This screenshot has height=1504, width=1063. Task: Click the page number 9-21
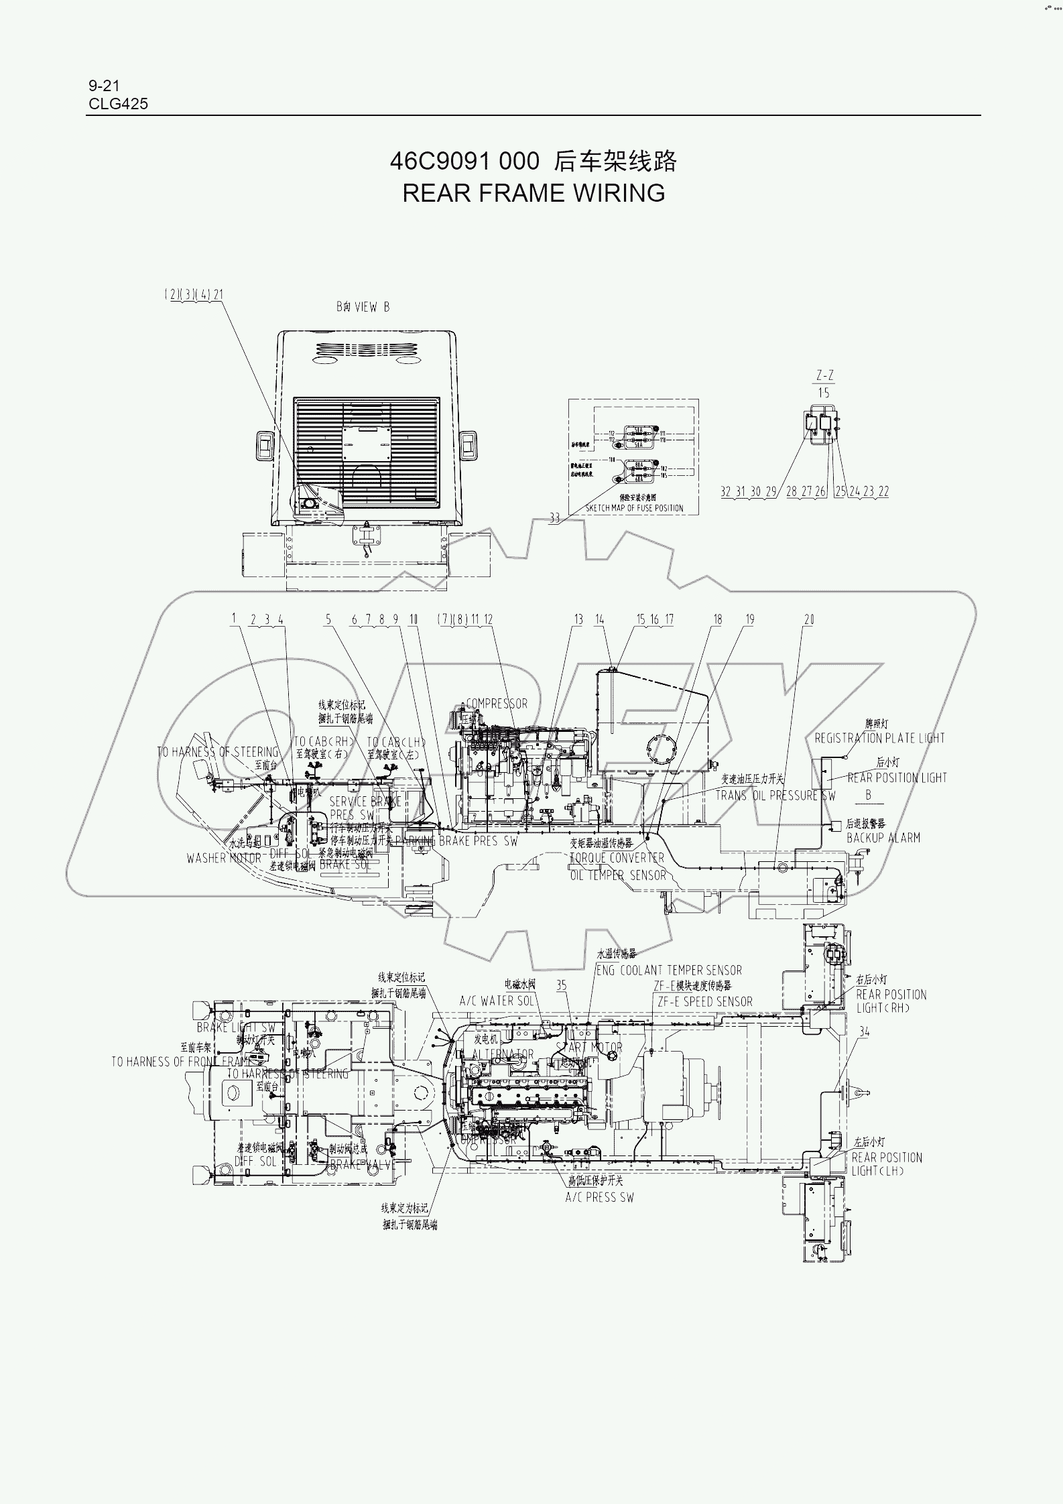103,85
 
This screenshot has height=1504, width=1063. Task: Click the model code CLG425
118,104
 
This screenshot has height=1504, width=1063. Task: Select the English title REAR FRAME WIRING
534,193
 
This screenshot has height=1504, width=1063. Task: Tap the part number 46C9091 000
464,162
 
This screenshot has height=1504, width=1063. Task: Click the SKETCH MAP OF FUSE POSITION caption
634,508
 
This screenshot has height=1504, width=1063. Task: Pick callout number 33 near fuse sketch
554,519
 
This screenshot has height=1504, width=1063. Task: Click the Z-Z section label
825,375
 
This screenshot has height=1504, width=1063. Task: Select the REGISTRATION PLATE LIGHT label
879,738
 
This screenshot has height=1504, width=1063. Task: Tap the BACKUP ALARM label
883,837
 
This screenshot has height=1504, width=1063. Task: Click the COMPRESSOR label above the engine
497,704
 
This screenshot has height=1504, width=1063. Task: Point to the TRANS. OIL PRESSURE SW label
775,796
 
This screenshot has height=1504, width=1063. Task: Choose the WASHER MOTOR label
223,858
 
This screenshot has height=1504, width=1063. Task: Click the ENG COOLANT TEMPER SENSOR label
669,970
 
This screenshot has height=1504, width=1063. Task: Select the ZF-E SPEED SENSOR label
705,1001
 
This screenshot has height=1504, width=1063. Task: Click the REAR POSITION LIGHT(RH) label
891,1001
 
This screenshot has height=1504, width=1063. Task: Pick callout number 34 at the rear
864,1032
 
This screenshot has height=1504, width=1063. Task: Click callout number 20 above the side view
809,619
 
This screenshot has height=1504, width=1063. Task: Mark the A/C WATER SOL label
497,1001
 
